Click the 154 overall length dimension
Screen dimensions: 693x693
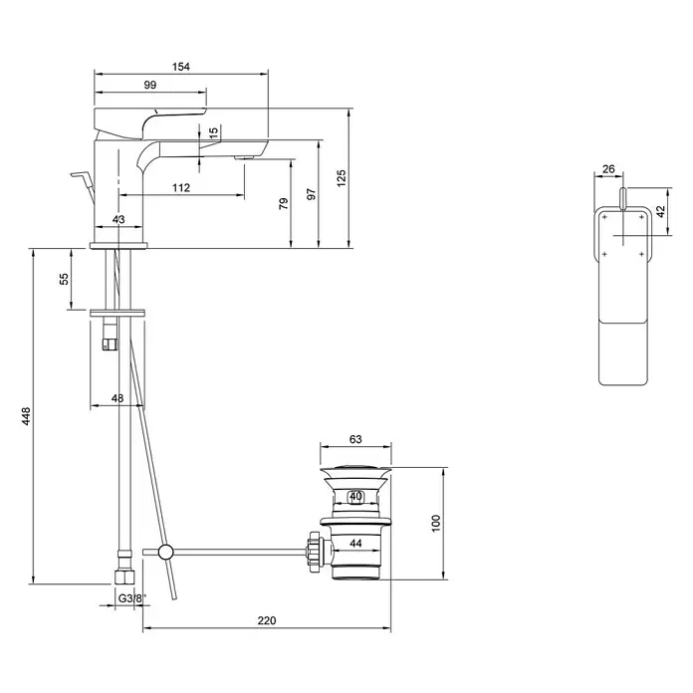[x=181, y=67]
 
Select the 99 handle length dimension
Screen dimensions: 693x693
[x=150, y=85]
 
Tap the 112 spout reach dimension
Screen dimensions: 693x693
[x=181, y=188]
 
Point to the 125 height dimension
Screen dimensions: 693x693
[x=342, y=178]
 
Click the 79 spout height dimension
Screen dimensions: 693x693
[x=284, y=204]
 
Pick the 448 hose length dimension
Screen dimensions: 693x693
[x=26, y=416]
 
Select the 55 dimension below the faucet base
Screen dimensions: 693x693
[x=64, y=279]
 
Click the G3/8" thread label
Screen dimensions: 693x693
[x=131, y=598]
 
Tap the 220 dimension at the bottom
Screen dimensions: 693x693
[x=267, y=620]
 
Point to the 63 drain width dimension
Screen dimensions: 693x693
[x=355, y=439]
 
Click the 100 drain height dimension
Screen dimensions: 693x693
[x=436, y=524]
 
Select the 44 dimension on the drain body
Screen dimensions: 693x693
[x=355, y=544]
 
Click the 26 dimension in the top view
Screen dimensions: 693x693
[x=608, y=169]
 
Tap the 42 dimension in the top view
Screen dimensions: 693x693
[x=660, y=211]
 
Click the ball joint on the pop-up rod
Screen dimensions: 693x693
[x=166, y=552]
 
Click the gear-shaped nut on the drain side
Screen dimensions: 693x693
[x=314, y=552]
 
